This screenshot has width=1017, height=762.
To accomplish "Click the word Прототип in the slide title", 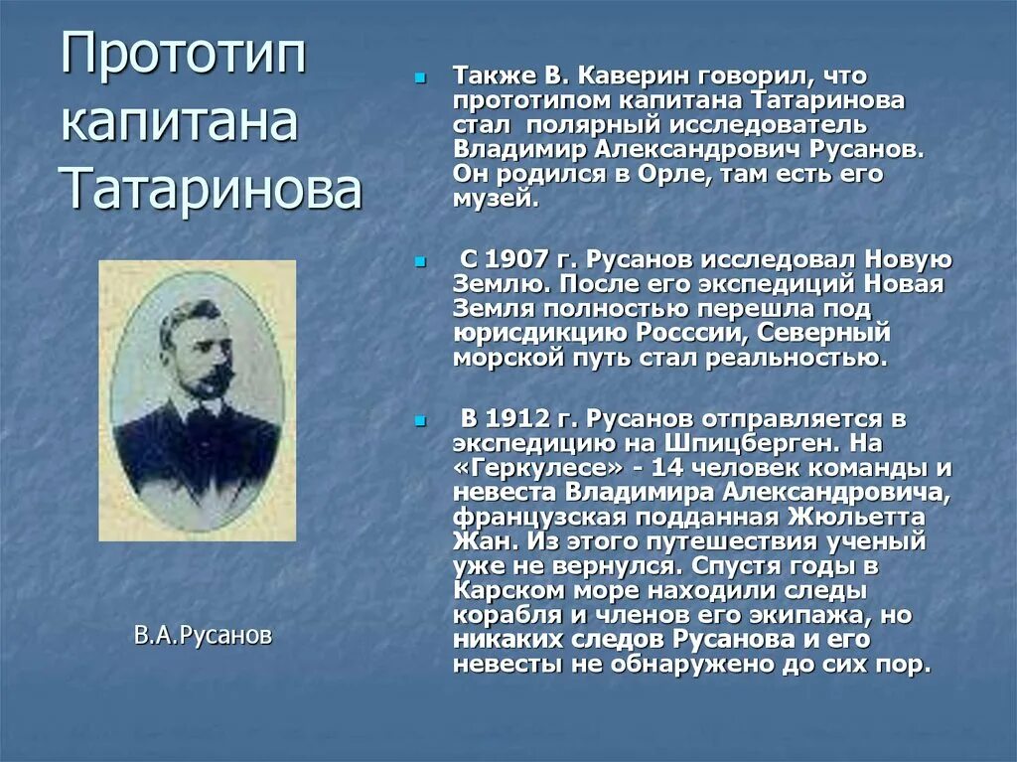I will [x=184, y=57].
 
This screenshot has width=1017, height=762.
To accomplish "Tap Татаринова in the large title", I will [x=211, y=189].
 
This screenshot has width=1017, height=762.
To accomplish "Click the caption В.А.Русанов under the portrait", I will [x=202, y=635].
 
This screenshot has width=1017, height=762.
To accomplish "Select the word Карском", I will [x=515, y=590].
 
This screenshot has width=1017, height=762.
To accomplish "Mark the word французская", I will [x=552, y=517].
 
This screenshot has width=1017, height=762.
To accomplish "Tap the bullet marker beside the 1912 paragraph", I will [x=420, y=420].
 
